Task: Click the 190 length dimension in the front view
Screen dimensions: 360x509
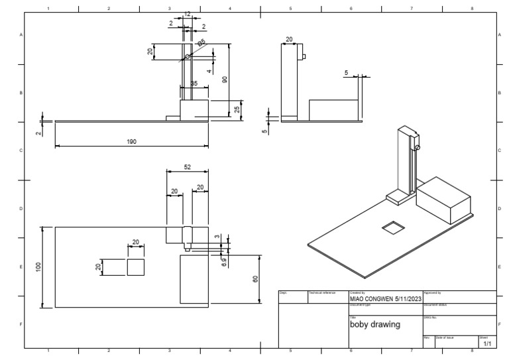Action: (132, 141)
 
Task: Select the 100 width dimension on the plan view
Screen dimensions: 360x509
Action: (38, 267)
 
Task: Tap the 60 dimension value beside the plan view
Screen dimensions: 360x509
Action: (255, 279)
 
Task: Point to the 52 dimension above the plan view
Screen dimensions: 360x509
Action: (187, 168)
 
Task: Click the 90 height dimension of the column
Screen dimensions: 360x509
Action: (225, 79)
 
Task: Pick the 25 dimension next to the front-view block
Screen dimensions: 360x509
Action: (237, 109)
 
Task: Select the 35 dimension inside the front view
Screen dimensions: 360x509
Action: (194, 84)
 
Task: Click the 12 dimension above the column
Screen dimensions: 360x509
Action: (187, 14)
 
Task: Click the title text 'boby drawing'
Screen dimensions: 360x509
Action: (375, 325)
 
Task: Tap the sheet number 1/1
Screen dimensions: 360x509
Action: (487, 344)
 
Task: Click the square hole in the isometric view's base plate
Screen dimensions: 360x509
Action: (393, 227)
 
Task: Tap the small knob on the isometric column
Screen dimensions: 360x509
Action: (418, 147)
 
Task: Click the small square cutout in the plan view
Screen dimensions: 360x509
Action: (135, 267)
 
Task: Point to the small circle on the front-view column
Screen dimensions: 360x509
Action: (188, 57)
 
